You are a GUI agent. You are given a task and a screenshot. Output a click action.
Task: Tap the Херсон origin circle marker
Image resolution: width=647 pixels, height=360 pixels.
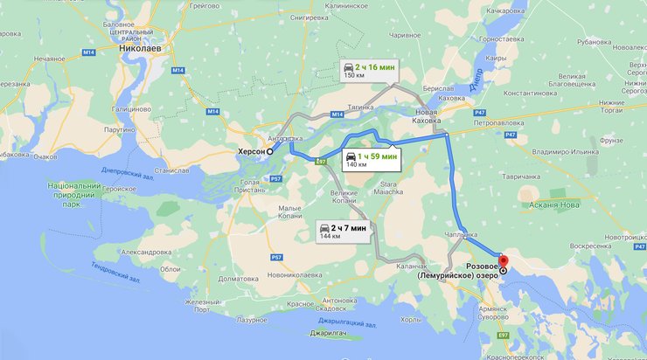coord(270,151)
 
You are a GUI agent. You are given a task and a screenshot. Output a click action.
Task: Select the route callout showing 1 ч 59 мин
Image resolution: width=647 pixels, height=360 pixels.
coord(370,158)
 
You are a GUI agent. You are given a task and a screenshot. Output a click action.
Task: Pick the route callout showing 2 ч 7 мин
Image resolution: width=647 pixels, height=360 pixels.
coord(343,231)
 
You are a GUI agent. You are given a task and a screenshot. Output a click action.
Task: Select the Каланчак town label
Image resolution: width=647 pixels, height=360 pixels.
coord(410,266)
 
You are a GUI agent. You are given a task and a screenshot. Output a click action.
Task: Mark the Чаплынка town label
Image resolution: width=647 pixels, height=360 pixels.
coord(460,234)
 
